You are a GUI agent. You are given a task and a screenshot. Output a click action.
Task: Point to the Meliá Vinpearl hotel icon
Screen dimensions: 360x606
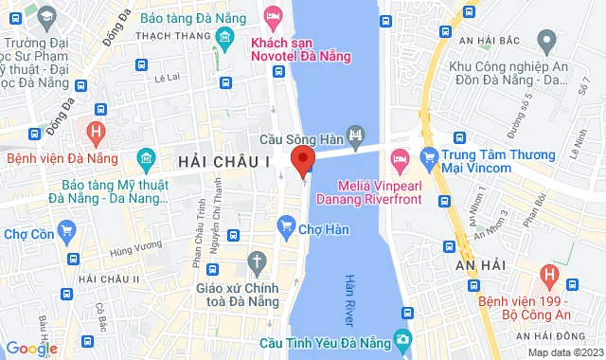[x=400, y=157]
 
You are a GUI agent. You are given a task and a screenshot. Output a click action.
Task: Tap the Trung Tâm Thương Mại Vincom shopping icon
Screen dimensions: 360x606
[x=428, y=157]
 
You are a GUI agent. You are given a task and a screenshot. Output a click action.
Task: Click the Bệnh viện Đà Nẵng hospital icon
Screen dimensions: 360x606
[x=95, y=131]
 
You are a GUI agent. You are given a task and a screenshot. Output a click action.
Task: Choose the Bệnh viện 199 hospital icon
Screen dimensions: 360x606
[x=547, y=276]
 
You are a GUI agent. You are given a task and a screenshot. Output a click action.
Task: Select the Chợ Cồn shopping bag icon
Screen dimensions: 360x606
[x=66, y=229]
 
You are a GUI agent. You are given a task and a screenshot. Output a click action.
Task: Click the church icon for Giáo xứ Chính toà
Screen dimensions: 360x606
[x=257, y=261]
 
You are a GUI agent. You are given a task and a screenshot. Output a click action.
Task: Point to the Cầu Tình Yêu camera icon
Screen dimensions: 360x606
[x=403, y=338]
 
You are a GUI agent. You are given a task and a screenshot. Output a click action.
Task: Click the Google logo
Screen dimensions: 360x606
[x=31, y=348]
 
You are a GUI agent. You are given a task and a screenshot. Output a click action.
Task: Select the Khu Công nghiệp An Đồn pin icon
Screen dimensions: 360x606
[x=545, y=41]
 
